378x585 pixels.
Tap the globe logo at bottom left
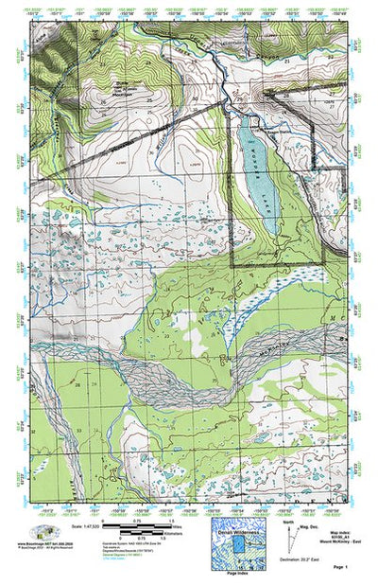[x=43, y=532]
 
